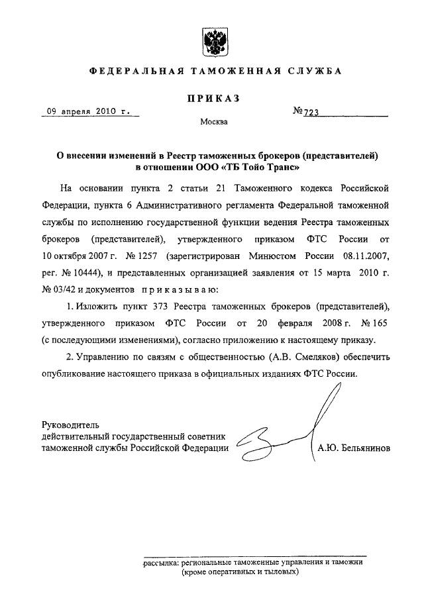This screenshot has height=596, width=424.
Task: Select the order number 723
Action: pyautogui.click(x=311, y=113)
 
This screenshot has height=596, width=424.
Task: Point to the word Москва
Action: pyautogui.click(x=213, y=123)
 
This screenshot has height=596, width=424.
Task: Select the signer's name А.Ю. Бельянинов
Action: pyautogui.click(x=352, y=448)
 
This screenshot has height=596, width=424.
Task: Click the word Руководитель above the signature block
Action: pyautogui.click(x=70, y=424)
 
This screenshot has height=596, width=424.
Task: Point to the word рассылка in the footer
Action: pyautogui.click(x=162, y=562)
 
